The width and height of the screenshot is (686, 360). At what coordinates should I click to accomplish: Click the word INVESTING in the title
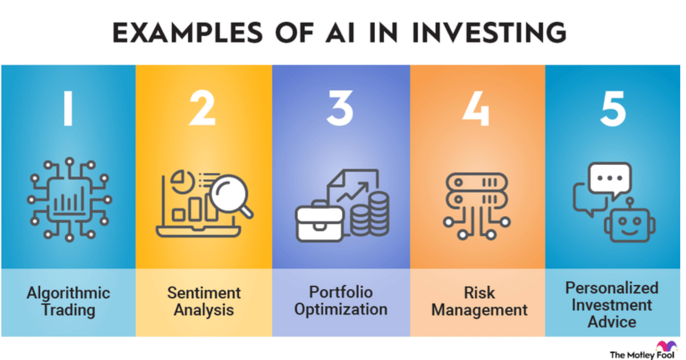490,33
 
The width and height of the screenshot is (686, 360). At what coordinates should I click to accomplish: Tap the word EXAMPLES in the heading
188,33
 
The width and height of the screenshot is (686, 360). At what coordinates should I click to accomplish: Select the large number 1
68,108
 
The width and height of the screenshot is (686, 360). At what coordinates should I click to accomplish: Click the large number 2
202,108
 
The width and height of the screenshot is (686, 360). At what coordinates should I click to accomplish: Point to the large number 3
340,108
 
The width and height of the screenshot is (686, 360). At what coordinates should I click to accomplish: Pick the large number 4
476,108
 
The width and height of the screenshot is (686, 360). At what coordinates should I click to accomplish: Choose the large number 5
613,108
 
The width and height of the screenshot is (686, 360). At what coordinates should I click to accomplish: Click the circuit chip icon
69,200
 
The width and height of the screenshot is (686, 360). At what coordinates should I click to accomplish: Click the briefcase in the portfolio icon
320,221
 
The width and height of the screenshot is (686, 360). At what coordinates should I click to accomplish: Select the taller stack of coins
379,214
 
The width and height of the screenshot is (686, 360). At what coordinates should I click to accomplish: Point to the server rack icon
476,206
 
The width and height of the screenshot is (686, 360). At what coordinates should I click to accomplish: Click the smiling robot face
630,225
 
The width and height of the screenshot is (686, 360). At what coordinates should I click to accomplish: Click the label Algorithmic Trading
68,302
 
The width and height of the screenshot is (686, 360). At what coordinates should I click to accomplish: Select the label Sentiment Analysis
204,302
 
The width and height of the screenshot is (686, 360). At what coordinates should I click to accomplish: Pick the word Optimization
341,310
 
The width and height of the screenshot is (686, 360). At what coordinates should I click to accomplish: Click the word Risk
479,293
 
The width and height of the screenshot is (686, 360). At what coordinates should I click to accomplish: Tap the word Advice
612,322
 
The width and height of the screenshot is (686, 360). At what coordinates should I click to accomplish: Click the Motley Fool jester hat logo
666,346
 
